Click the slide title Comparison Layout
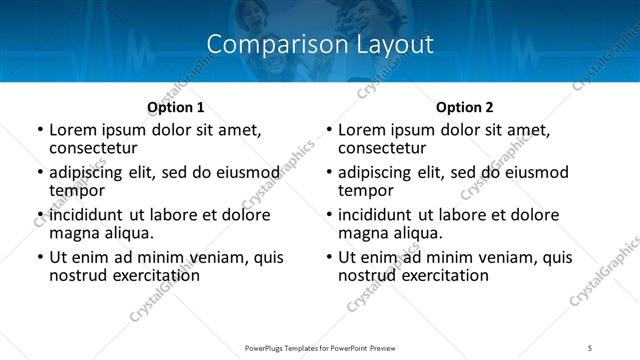click(320, 45)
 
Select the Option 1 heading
click(175, 108)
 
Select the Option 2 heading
click(464, 108)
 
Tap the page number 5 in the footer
click(590, 347)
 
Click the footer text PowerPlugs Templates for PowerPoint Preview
click(319, 347)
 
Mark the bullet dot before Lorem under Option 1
click(39, 131)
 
